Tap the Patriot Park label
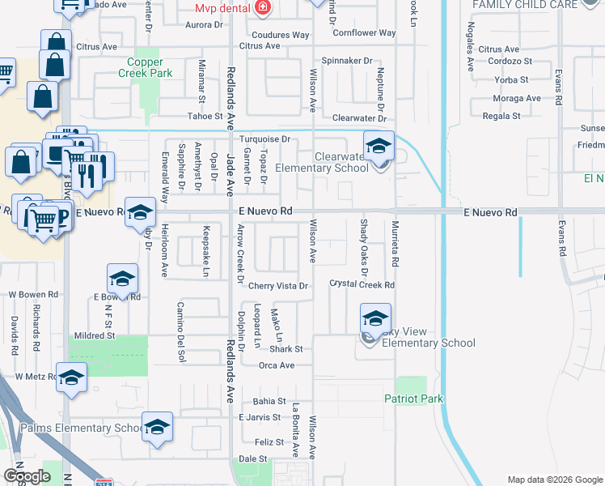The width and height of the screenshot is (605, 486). [414, 399]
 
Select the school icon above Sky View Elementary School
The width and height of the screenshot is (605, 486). [375, 320]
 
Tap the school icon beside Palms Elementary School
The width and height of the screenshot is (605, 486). [157, 428]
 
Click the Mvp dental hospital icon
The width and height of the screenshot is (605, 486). [262, 8]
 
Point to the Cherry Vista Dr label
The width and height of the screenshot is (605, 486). [278, 286]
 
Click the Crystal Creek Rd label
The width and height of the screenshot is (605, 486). [362, 284]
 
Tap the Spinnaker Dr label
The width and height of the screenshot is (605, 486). [346, 61]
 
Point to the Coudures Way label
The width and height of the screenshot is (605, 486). [281, 36]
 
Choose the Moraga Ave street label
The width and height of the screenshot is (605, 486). [517, 99]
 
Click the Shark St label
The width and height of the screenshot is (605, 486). [286, 349]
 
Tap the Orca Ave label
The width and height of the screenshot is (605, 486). [276, 365]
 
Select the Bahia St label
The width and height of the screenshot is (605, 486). [269, 401]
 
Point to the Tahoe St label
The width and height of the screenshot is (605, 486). [205, 117]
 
